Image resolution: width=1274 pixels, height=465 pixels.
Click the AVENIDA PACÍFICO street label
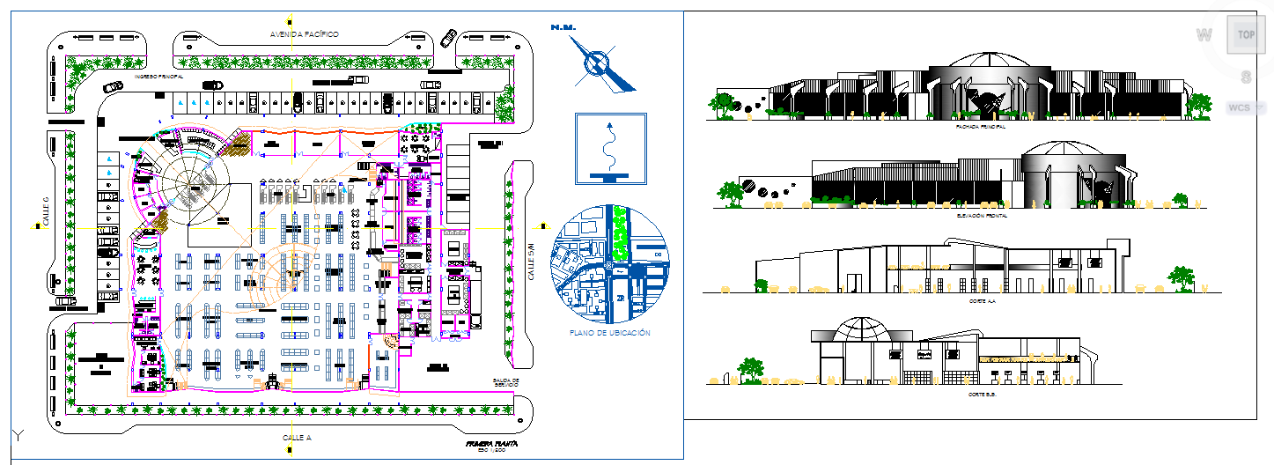click(x=304, y=33)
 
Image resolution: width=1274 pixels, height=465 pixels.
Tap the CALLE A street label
click(x=297, y=437)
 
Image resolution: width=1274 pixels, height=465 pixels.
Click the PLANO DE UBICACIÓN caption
click(x=610, y=333)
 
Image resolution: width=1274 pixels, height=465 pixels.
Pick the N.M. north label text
click(x=563, y=28)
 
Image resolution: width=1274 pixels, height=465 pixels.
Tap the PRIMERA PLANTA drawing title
click(x=492, y=444)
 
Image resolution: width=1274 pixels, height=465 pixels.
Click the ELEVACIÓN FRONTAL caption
click(x=980, y=215)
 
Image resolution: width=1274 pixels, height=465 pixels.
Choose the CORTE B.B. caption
click(x=981, y=394)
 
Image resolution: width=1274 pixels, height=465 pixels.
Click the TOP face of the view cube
click(x=1245, y=35)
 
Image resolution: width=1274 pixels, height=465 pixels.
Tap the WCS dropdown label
click(x=1241, y=107)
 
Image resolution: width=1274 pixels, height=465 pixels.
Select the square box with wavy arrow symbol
click(x=610, y=148)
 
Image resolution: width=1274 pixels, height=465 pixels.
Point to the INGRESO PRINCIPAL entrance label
click(x=158, y=77)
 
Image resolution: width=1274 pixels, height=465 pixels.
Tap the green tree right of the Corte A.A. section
click(x=1181, y=278)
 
